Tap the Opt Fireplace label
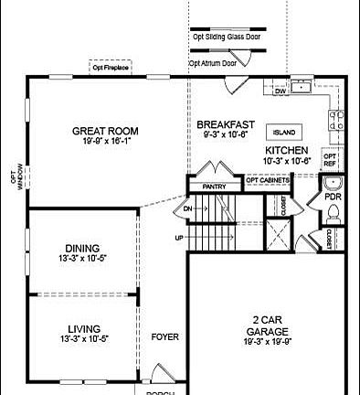[x=110, y=66]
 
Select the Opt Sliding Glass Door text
[x=226, y=37]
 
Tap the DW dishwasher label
[x=281, y=91]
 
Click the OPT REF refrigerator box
[x=331, y=159]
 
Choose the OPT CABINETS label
[x=266, y=180]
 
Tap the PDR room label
[x=333, y=195]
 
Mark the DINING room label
[x=81, y=248]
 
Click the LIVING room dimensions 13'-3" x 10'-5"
[x=83, y=339]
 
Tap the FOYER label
[x=164, y=336]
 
